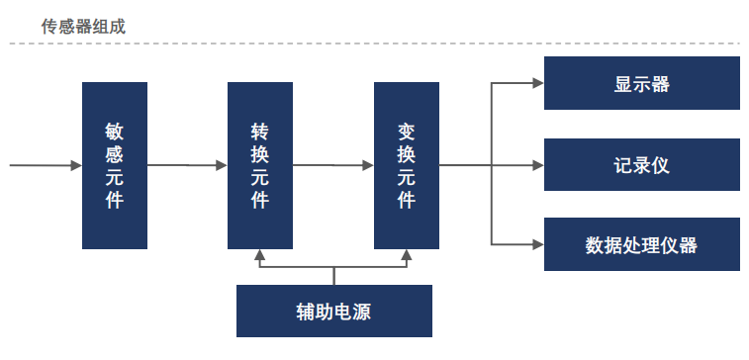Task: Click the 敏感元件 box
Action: click(114, 165)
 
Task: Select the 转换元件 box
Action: click(260, 165)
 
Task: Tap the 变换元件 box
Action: click(407, 165)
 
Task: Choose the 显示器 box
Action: click(642, 83)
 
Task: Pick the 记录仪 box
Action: click(642, 164)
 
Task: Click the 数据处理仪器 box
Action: click(642, 244)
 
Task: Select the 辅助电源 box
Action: click(334, 311)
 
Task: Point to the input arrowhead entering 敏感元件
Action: click(76, 165)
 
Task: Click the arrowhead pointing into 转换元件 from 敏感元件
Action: click(222, 165)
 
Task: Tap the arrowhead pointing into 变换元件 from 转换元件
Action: click(368, 165)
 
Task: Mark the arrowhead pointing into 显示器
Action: click(538, 83)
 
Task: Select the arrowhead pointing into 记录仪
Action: click(538, 164)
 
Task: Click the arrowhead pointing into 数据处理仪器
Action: click(538, 243)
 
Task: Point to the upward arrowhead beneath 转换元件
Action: click(260, 256)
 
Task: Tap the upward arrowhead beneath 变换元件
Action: click(407, 256)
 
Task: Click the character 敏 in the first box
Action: click(114, 131)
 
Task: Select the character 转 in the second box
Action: click(260, 131)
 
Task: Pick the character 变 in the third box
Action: click(407, 131)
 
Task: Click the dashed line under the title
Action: click(376, 44)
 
